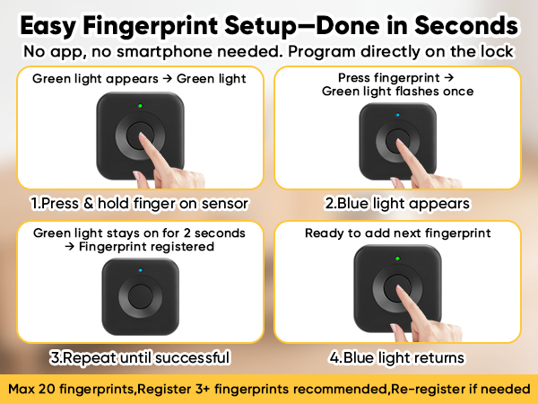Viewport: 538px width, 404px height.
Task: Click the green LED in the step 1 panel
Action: tap(140, 106)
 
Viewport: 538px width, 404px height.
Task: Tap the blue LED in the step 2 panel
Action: tap(397, 115)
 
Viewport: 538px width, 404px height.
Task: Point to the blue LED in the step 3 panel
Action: tap(141, 270)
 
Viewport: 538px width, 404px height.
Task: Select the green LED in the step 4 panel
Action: tap(397, 259)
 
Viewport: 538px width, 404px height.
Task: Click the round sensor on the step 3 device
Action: tap(141, 297)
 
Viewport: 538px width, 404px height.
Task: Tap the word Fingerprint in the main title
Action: tap(151, 26)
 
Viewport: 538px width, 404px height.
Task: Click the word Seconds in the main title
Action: tap(466, 25)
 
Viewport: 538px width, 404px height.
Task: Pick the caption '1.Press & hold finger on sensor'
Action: tap(139, 204)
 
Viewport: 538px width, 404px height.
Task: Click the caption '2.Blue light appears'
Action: tap(397, 204)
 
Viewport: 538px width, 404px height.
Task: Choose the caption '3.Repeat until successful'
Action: tap(140, 357)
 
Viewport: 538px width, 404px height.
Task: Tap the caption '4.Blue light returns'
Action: tap(397, 357)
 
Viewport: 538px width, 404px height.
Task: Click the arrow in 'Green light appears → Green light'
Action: tap(167, 79)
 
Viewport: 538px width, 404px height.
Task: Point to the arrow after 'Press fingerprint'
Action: tap(449, 77)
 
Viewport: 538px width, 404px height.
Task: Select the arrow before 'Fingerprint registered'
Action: tap(70, 246)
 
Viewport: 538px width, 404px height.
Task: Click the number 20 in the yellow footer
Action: tap(47, 389)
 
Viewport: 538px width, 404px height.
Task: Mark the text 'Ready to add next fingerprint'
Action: tap(397, 233)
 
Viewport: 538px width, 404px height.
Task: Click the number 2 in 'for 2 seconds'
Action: tap(187, 233)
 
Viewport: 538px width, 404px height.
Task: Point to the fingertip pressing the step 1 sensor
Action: tap(142, 136)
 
